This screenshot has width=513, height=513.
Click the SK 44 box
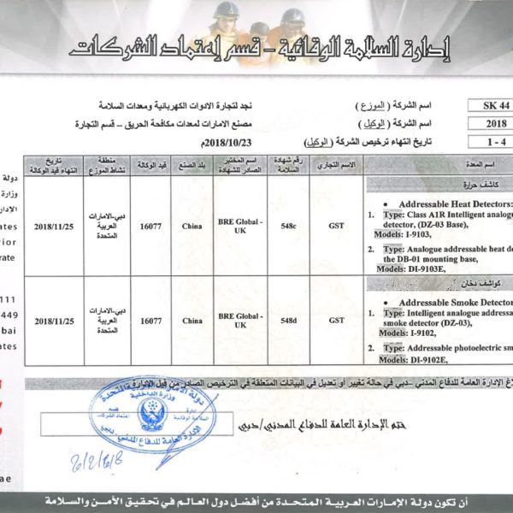(490, 105)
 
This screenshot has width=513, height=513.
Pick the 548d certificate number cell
(288, 321)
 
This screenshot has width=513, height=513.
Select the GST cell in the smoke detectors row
(336, 321)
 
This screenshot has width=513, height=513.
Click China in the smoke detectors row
(192, 321)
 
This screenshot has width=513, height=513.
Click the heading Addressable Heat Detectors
(448, 204)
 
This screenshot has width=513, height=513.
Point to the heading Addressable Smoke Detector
(450, 302)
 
